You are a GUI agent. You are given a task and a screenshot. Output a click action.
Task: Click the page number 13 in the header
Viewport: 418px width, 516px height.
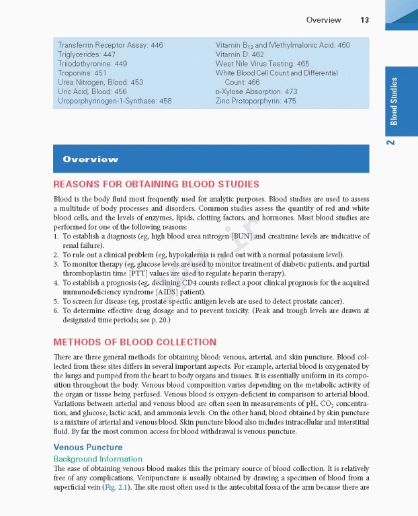364,20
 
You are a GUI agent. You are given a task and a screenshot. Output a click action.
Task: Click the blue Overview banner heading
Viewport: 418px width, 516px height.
90,159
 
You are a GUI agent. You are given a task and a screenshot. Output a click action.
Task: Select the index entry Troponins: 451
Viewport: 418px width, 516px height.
82,73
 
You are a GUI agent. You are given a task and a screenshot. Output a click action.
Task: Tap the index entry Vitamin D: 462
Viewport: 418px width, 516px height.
240,54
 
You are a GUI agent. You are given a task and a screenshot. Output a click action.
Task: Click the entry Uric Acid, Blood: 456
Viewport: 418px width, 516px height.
92,91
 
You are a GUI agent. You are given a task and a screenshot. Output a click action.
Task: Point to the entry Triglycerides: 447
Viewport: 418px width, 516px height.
87,54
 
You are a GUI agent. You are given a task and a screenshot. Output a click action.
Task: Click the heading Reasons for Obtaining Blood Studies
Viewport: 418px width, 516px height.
156,184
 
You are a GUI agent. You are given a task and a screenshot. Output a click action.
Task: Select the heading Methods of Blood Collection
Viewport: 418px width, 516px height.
134,342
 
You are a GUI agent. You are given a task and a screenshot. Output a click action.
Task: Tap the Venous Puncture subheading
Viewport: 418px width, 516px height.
88,447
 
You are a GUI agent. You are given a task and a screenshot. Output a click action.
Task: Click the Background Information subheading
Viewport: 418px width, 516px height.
97,459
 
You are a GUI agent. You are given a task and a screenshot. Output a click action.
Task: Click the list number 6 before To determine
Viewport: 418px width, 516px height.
56,311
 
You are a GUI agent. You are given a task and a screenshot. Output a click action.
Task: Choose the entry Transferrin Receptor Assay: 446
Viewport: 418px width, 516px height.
110,45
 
